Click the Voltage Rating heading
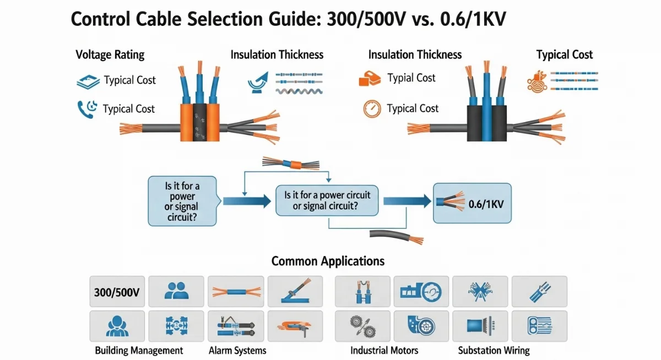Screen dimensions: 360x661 point(110,54)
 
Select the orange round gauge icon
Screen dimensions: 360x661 point(372,108)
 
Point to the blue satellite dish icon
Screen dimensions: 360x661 point(257,80)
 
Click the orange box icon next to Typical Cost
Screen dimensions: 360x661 point(370,79)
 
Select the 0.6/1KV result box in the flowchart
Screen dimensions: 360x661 point(472,203)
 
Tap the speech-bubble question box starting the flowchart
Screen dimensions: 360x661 point(182,200)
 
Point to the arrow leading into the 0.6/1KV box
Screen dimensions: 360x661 point(407,201)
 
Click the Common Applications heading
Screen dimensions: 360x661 point(328,261)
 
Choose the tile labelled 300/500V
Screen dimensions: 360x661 point(116,291)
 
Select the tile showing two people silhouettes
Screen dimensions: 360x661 point(176,291)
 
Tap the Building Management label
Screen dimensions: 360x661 point(139,350)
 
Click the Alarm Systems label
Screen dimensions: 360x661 point(237,350)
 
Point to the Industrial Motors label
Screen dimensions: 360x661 point(384,350)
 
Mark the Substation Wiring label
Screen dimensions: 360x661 point(494,350)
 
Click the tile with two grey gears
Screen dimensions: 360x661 point(362,326)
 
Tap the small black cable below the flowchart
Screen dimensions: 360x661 point(397,236)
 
